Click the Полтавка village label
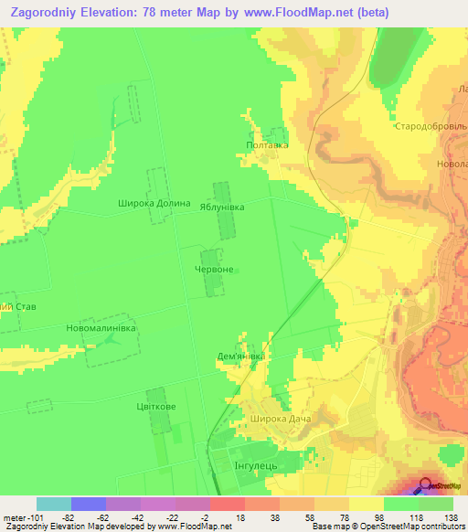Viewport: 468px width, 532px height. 268,144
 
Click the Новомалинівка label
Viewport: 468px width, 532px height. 101,327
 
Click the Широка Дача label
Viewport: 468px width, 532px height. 280,419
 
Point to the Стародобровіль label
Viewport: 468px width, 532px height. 431,126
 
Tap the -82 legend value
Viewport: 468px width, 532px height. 89,516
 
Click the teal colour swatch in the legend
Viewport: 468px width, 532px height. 54,504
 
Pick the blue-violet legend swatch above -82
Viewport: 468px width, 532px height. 89,504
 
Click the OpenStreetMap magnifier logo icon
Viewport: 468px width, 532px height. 426,487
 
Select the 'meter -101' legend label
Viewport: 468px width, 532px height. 19,516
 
